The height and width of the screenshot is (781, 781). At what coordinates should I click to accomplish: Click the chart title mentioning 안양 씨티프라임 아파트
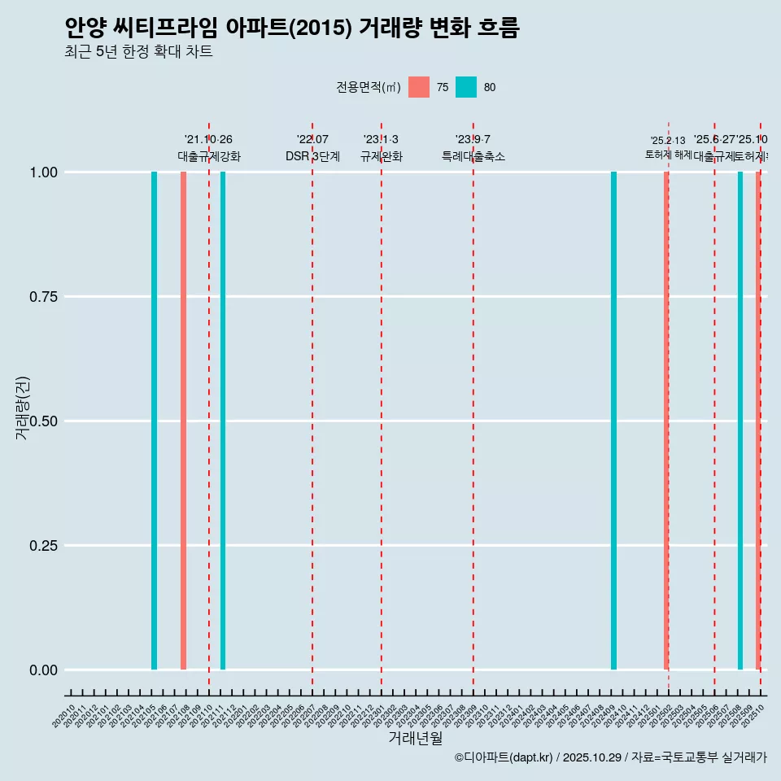tap(291, 28)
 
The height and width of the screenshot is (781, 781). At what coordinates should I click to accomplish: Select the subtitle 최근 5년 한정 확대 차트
tap(138, 52)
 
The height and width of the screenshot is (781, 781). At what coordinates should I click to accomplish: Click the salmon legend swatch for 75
tap(419, 87)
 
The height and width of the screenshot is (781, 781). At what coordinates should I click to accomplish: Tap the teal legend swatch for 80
tap(466, 87)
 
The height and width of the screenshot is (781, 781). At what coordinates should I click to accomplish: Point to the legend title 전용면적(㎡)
tap(368, 87)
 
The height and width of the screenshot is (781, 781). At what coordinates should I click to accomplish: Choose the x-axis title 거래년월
tap(415, 739)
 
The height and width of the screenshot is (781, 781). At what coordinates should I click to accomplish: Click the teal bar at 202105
tap(154, 421)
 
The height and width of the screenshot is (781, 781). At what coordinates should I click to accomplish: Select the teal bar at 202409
tap(613, 421)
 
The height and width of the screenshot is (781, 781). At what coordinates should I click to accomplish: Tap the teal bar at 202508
tap(740, 421)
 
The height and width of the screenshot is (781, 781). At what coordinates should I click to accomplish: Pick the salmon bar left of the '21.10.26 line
tap(184, 421)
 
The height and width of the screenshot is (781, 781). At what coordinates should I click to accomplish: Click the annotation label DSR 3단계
tap(312, 156)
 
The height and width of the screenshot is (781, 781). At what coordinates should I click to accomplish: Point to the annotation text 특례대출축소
tap(473, 156)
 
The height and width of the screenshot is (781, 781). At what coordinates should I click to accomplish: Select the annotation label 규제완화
tap(382, 156)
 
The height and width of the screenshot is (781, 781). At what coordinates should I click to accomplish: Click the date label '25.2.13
tap(668, 140)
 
